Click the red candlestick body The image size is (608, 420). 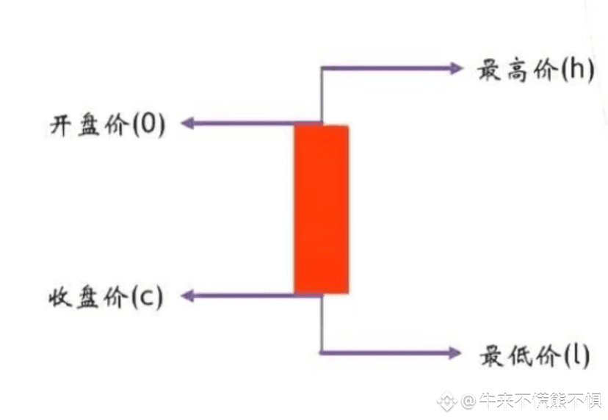pos(321,209)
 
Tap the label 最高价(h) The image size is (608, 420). pos(535,71)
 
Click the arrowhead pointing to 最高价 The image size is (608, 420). pos(456,68)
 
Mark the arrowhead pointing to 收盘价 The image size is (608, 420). pos(188,296)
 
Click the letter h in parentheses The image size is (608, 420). pos(578,71)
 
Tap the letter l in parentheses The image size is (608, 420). pos(579,355)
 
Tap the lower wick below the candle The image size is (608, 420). pos(322,323)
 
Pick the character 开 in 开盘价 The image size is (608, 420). pos(60,126)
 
